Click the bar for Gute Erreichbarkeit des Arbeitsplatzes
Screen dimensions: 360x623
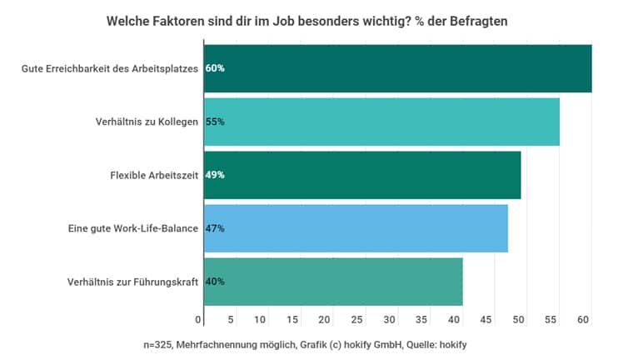pos(397,68)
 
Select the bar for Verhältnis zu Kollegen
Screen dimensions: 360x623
pos(381,122)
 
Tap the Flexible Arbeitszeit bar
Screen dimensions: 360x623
pos(362,175)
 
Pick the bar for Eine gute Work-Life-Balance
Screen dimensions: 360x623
pos(356,228)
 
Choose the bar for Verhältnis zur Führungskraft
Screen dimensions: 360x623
pos(333,282)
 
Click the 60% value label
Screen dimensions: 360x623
pos(215,68)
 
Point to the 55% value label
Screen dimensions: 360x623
pos(215,122)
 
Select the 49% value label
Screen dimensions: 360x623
pos(215,175)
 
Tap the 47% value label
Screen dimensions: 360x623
pos(215,228)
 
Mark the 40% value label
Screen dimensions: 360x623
pos(215,282)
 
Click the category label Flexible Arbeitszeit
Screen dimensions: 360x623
pos(154,175)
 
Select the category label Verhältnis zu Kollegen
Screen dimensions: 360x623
pos(147,122)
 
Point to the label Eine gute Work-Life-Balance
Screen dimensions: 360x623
pos(133,228)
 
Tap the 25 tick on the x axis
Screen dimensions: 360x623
pos(357,320)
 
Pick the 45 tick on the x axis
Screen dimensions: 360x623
pos(486,320)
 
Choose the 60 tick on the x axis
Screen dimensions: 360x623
pos(583,320)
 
